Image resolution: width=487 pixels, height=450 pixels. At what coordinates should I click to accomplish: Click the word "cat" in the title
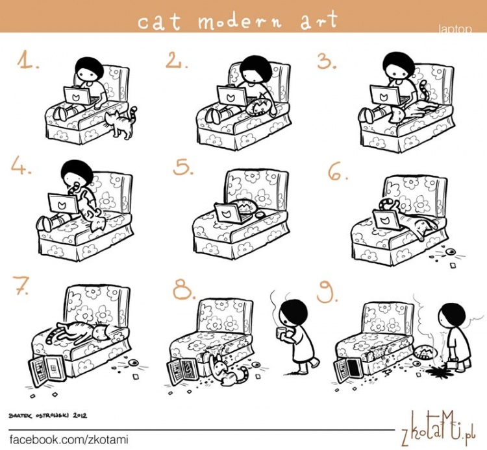(x=159, y=21)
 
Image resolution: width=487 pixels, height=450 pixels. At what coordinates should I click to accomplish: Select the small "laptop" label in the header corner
(x=455, y=29)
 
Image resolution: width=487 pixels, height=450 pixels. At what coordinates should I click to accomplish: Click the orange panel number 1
(x=28, y=60)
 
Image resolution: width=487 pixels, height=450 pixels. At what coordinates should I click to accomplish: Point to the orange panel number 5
(x=183, y=168)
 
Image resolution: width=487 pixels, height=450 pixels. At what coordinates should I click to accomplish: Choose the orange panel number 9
(x=327, y=292)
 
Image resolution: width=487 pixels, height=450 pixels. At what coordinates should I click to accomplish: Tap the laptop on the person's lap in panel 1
(x=78, y=97)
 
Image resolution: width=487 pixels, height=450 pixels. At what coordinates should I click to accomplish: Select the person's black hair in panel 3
(x=398, y=64)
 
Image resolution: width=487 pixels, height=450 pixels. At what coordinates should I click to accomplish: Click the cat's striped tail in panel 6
(x=388, y=205)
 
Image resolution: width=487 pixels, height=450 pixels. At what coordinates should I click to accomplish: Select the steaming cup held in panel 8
(x=281, y=331)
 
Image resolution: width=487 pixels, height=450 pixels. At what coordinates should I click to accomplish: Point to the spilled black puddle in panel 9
(x=436, y=371)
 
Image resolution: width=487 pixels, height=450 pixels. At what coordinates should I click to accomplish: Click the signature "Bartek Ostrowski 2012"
(x=48, y=416)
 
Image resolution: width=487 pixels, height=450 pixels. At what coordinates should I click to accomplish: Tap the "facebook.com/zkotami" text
(x=69, y=440)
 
